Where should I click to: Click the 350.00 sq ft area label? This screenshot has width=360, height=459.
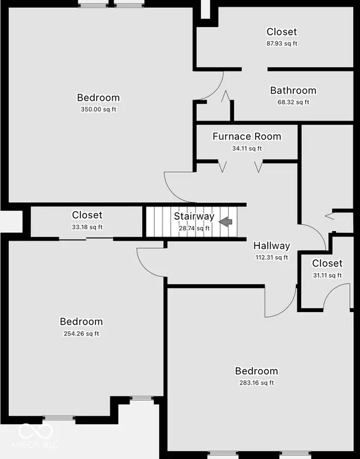[98, 110]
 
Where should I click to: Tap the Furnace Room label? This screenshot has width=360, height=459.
[247, 137]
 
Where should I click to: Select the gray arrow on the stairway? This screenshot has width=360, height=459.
[226, 222]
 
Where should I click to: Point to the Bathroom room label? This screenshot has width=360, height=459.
[293, 91]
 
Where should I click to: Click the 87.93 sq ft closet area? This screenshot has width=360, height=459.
[282, 43]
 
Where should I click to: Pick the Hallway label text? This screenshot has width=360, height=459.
[271, 246]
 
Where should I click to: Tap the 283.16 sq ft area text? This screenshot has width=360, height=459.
[256, 383]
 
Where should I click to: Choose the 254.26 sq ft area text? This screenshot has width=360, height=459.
[81, 334]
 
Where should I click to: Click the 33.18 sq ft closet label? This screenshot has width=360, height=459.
[87, 227]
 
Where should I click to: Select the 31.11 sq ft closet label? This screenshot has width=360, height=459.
[326, 275]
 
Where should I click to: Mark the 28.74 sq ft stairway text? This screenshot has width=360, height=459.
[194, 228]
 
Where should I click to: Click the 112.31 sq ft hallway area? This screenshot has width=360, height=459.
[271, 257]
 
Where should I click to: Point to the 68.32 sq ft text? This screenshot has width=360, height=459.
[293, 102]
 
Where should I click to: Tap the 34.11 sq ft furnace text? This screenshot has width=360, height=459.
[247, 148]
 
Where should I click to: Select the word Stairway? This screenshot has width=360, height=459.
[194, 217]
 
